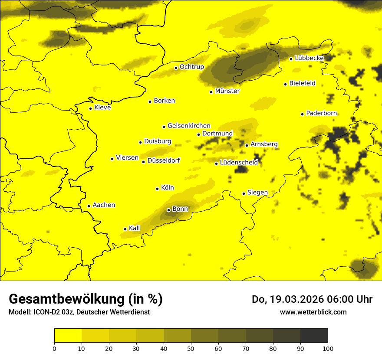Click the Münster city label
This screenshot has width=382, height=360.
[227, 91]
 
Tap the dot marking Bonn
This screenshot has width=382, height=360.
[168, 210]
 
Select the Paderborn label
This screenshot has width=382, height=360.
[321, 113]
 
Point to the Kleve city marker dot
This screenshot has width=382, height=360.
[90, 108]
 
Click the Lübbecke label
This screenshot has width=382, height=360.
[309, 58]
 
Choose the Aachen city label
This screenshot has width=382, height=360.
[104, 205]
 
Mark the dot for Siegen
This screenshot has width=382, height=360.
[244, 193]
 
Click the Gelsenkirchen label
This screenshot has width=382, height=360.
[189, 126]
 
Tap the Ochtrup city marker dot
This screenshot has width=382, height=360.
[176, 68]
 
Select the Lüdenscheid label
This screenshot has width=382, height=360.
[239, 163]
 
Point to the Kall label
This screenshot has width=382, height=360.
[135, 228]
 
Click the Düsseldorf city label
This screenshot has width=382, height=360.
[164, 160]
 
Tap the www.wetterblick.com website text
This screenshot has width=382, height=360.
[313, 312]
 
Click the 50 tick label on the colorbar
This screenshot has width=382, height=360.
[191, 348]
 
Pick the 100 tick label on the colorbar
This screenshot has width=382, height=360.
[328, 348]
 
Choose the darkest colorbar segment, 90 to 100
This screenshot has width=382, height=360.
[314, 335]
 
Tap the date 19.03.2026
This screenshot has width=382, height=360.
[293, 299]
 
